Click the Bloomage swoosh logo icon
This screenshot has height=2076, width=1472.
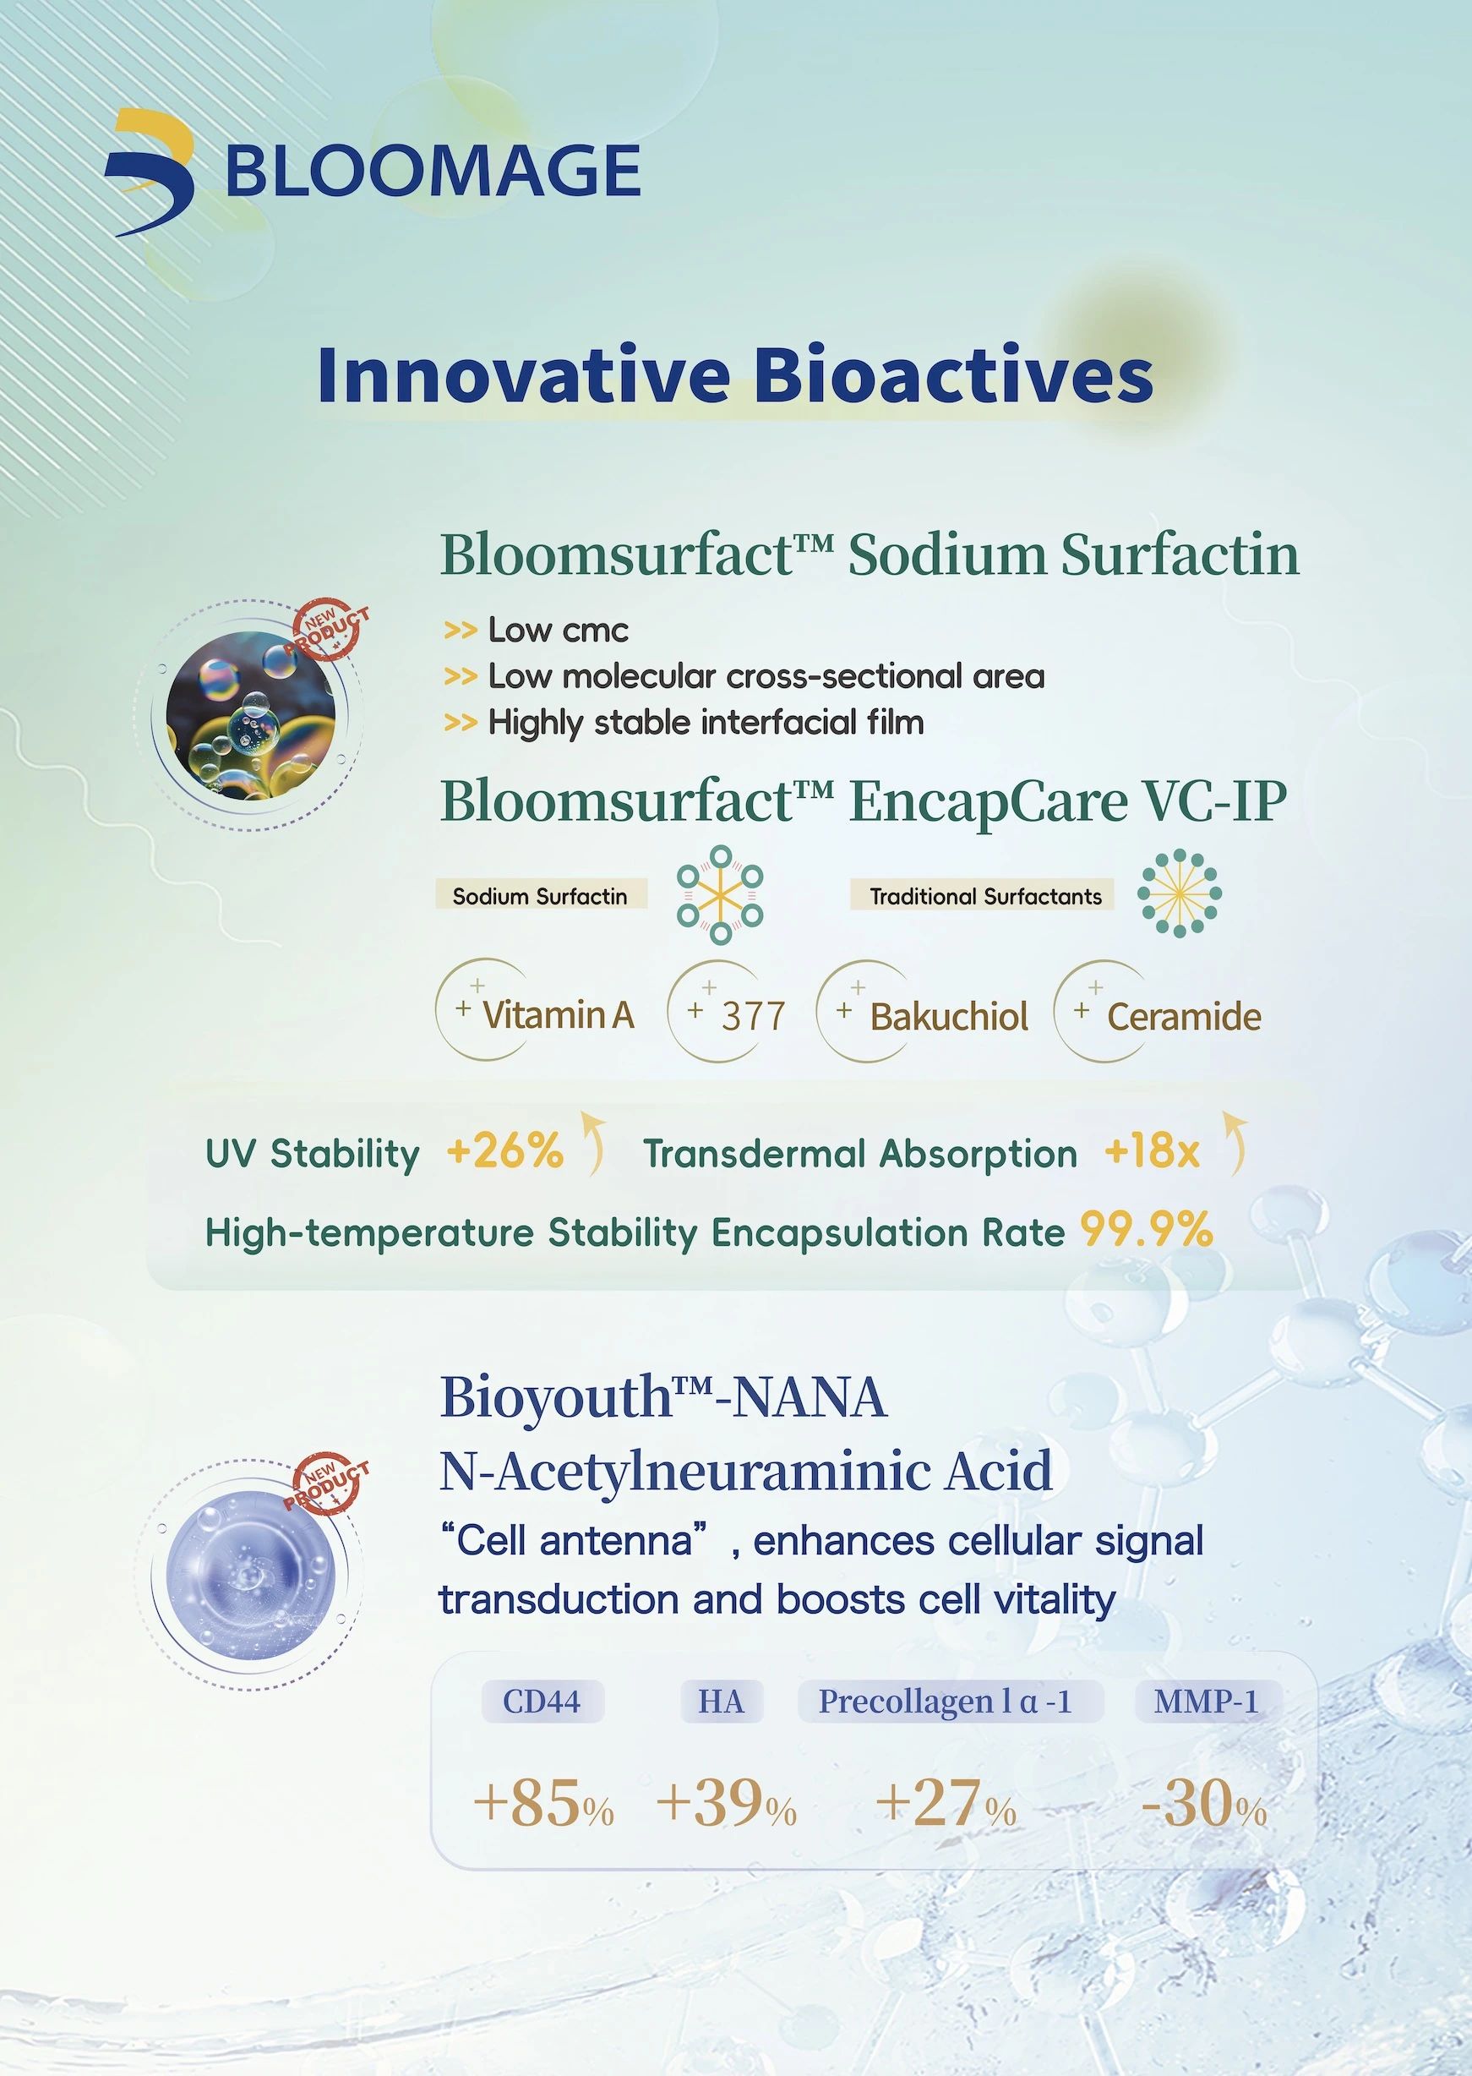tap(150, 172)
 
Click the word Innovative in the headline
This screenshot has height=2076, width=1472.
tap(524, 375)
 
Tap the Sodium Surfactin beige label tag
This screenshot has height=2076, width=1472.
tap(541, 897)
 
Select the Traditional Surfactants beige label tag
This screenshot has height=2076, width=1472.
tap(985, 897)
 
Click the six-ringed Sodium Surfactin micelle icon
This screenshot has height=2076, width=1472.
tap(721, 893)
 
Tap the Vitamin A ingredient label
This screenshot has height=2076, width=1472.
tap(558, 1014)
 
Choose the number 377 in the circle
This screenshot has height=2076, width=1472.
tap(753, 1016)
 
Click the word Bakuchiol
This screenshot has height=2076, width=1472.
tap(949, 1016)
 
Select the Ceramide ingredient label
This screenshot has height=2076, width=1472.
tap(1185, 1016)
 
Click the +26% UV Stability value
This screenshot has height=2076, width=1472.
tap(504, 1152)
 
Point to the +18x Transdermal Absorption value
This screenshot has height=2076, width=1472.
tap(1152, 1152)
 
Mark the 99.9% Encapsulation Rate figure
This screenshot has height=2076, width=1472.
tap(1147, 1230)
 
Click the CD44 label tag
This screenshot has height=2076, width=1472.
tap(542, 1702)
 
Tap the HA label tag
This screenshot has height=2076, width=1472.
tap(722, 1702)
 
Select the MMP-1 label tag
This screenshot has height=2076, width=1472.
tap(1207, 1702)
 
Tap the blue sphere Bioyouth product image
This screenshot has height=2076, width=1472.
tap(252, 1573)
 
